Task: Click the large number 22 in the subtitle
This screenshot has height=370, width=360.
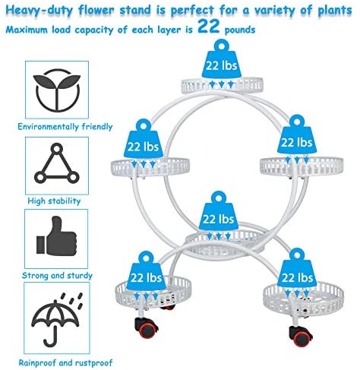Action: pos(209,27)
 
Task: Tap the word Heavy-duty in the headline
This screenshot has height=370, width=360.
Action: pos(39,11)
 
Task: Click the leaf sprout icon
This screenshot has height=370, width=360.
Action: pos(58,90)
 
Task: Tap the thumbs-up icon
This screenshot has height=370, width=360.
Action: pos(56,236)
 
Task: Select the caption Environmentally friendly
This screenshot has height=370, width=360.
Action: pos(65,126)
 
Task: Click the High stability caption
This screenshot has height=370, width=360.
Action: pos(54,201)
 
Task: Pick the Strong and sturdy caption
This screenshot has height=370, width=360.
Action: pos(57,276)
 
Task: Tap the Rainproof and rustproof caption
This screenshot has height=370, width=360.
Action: pos(65,362)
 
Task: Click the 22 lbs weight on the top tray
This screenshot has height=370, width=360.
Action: pos(222,59)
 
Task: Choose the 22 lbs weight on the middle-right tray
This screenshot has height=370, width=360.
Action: pos(297,134)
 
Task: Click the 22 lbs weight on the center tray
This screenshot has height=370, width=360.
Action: pos(219,210)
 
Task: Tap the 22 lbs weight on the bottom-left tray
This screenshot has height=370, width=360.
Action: pos(146,270)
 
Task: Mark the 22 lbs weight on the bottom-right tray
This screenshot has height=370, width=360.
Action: pos(297,269)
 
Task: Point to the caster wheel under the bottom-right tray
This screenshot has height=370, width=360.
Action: pos(301,336)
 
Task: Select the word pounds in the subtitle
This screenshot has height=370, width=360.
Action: pos(240,30)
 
